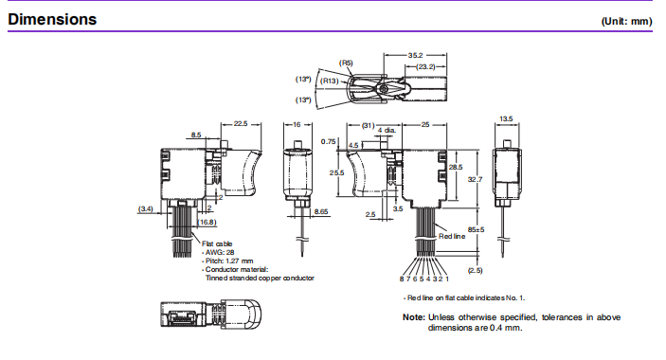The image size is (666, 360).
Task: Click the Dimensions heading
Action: [x=52, y=19]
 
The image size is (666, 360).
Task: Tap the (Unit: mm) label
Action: [x=626, y=21]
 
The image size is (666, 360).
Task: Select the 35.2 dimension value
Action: [x=415, y=55]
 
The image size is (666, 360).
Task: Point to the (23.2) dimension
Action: [x=425, y=66]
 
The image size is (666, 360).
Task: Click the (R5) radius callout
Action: [x=346, y=63]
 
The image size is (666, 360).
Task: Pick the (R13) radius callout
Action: [x=329, y=81]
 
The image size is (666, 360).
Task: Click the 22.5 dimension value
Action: [x=241, y=123]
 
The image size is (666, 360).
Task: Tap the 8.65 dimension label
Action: [x=321, y=211]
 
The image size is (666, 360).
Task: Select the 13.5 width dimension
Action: [x=506, y=118]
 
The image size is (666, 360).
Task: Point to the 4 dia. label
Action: [x=387, y=130]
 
